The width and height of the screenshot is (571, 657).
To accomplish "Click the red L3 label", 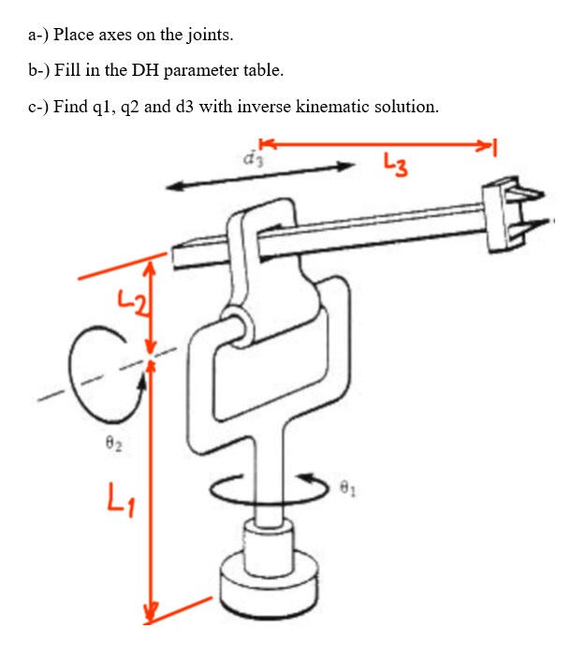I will pos(394,168).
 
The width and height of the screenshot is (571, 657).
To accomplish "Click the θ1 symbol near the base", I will pos(348,487).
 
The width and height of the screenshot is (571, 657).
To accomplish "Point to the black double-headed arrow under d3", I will pos(261,176).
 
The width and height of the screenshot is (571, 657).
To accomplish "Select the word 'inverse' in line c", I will pos(265,106).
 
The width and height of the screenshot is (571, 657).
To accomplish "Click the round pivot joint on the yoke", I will pos(237,325).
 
